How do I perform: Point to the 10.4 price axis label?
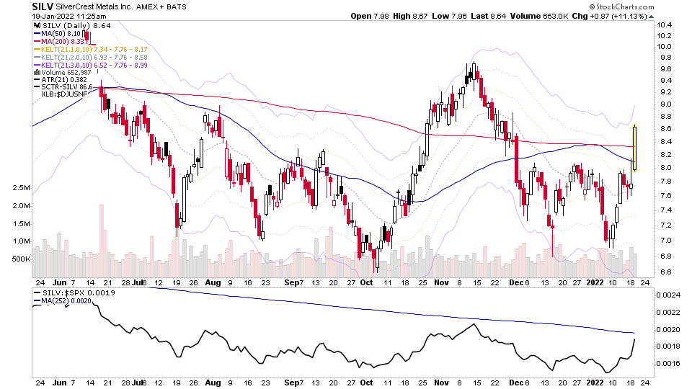coord(665,25)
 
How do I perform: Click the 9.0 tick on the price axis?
coord(665,104)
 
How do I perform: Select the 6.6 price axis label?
coord(665,272)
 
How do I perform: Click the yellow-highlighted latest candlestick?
coord(635,148)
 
